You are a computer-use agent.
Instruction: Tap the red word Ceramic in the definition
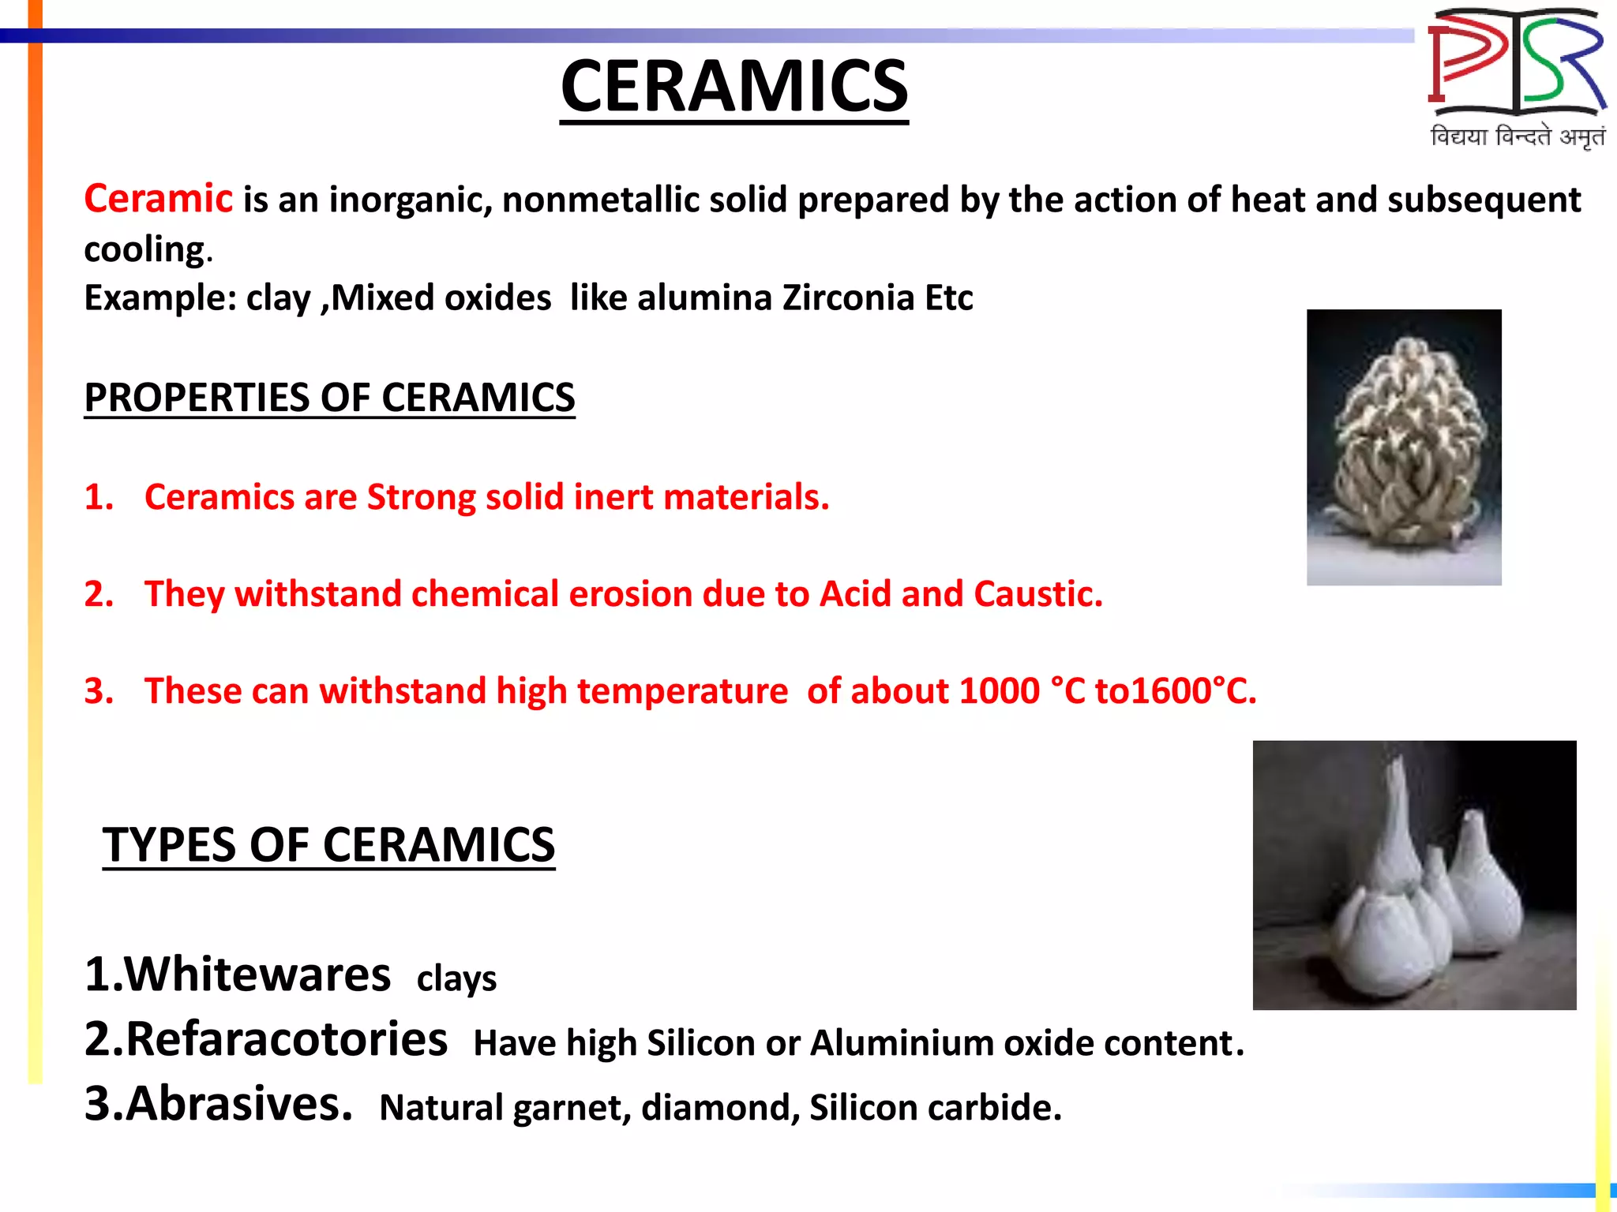tap(158, 198)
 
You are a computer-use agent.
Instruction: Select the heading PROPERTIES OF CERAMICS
tap(329, 398)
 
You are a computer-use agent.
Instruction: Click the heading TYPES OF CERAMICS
tap(328, 845)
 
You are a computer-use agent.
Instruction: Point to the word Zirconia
tap(848, 298)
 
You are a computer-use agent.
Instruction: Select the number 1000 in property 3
tap(999, 691)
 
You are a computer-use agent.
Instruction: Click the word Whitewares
tap(257, 974)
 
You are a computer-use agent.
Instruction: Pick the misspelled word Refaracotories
tap(286, 1039)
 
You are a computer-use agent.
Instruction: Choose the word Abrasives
tap(238, 1104)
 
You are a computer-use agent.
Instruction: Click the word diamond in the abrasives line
tap(715, 1108)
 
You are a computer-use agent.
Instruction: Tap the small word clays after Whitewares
tap(456, 979)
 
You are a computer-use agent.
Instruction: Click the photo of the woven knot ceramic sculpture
tap(1403, 447)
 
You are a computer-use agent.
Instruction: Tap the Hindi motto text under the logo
tap(1517, 137)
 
